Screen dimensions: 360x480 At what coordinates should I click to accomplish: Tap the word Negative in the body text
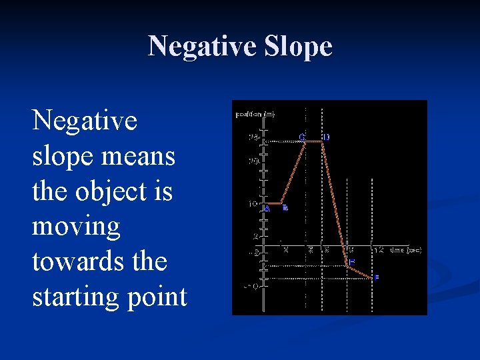point(85,121)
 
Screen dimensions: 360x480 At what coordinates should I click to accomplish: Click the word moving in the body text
point(76,227)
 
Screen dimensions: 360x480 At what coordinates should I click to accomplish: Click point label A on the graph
point(267,208)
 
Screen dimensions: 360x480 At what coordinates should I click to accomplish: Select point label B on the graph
point(285,208)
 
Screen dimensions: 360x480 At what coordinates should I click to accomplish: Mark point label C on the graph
point(302,137)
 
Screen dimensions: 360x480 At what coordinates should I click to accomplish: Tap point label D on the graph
point(326,137)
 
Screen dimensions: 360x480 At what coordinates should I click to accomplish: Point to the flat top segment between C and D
point(314,142)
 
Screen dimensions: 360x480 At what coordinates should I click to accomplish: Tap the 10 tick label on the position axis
point(253,203)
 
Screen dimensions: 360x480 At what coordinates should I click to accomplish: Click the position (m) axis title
point(255,114)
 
